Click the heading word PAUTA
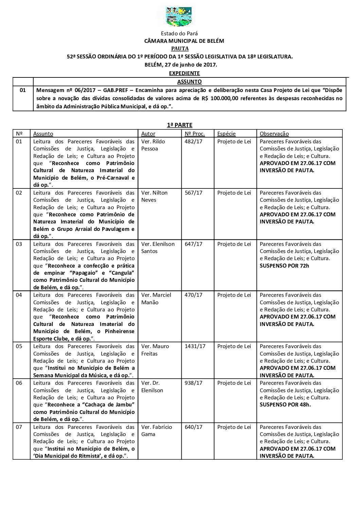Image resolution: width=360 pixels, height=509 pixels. (180, 49)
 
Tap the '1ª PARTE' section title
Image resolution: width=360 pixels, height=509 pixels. (180, 125)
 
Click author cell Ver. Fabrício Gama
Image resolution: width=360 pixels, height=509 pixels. (157, 431)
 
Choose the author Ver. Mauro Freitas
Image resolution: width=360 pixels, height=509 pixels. (155, 350)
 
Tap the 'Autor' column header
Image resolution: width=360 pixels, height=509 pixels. (148, 134)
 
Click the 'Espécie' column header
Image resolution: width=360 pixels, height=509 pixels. (226, 134)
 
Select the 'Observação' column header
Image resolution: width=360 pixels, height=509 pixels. (274, 134)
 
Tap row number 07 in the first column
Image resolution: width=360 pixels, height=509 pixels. (19, 427)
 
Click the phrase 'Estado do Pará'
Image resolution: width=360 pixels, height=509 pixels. (179, 34)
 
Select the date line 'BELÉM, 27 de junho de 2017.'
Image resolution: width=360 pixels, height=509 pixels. (180, 65)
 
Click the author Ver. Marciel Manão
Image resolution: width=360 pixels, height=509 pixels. (156, 298)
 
